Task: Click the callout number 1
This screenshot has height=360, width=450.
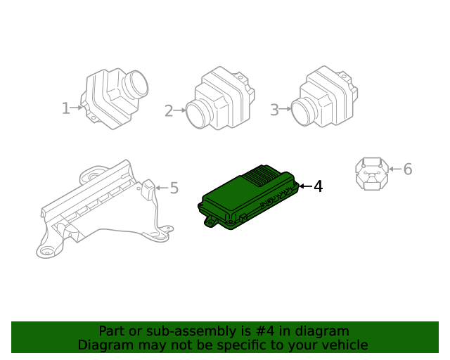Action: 65,108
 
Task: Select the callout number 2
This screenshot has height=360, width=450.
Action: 169,110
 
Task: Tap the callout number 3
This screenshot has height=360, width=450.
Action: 274,109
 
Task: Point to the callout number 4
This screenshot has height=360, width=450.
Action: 319,186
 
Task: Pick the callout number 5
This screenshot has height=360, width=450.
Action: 174,188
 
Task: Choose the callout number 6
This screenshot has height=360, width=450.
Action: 407,169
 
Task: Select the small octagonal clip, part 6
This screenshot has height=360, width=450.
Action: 371,172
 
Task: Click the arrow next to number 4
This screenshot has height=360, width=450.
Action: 304,186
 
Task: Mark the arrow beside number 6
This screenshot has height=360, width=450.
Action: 394,169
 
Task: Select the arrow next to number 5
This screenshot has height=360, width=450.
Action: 161,188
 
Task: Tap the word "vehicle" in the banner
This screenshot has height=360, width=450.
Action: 344,345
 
